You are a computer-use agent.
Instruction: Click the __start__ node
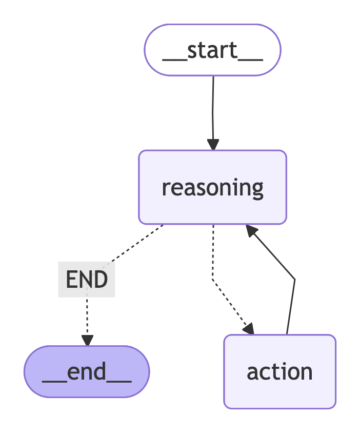(x=212, y=50)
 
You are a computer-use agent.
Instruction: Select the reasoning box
(x=212, y=187)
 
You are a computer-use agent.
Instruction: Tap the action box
(x=279, y=371)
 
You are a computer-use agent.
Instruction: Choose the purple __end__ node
(x=87, y=371)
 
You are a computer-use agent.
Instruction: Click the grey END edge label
(x=87, y=280)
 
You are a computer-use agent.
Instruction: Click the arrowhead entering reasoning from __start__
(x=213, y=144)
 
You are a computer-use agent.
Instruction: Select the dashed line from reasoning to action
(x=213, y=257)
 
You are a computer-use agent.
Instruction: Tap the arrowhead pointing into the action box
(x=248, y=329)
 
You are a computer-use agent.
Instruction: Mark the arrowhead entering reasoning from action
(x=251, y=231)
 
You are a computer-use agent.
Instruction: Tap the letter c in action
(x=268, y=372)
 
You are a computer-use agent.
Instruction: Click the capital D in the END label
(x=101, y=280)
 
